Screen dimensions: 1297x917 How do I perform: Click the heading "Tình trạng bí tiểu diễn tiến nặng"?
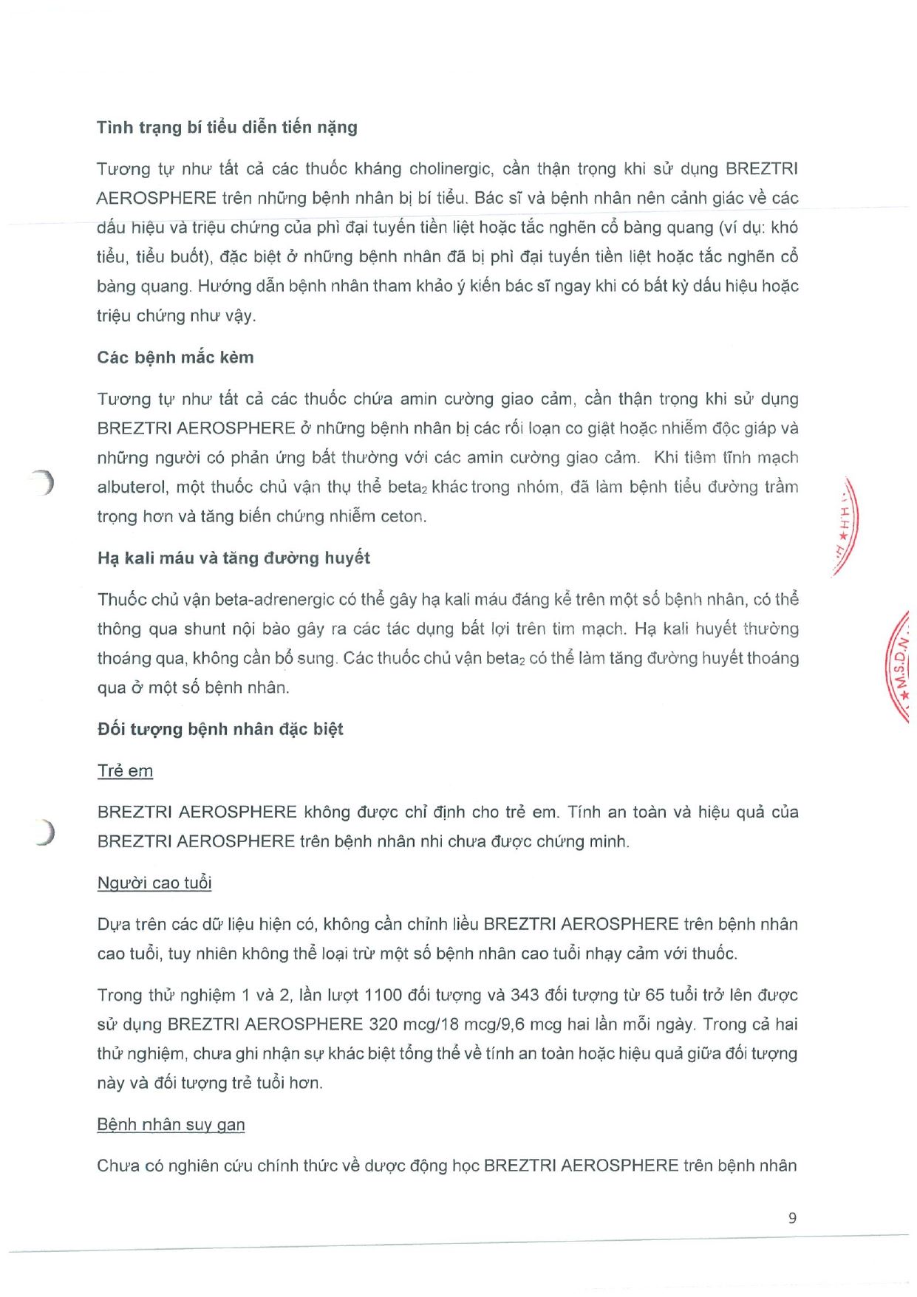(x=227, y=127)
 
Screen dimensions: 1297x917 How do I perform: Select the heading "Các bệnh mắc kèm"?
(x=175, y=357)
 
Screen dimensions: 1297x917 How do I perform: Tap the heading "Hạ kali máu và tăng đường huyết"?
(x=233, y=558)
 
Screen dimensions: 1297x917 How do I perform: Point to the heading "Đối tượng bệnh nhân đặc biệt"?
(x=220, y=729)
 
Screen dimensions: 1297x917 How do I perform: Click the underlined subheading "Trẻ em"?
(x=125, y=770)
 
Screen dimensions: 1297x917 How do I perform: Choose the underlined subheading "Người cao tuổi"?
(x=154, y=883)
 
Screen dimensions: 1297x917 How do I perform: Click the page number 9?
(x=792, y=1218)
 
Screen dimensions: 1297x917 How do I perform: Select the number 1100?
(x=383, y=995)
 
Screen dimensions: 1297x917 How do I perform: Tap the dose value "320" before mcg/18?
(x=383, y=1024)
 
